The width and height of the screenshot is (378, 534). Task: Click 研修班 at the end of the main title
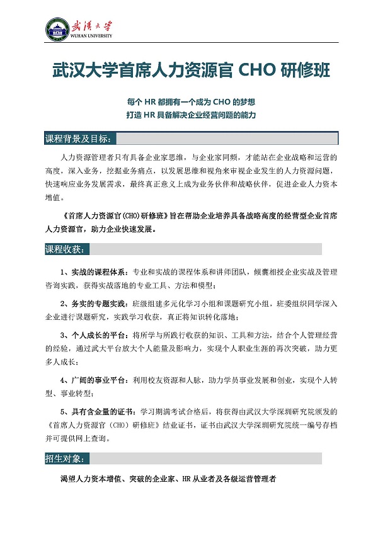coord(304,70)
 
